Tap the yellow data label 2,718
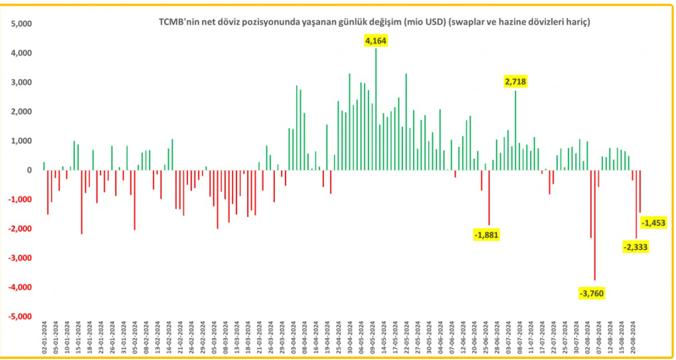coord(515,81)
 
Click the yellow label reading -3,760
coord(592,293)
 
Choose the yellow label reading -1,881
coord(486,235)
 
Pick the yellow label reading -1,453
coord(652,222)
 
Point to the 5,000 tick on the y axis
coord(21,24)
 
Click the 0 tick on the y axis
coord(29,170)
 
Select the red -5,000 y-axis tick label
coord(20,316)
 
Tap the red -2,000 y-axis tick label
coord(20,229)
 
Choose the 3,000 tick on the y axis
coord(21,82)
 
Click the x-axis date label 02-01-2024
coord(44,336)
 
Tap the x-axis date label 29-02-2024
coord(203,336)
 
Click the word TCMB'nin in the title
coord(173,22)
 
